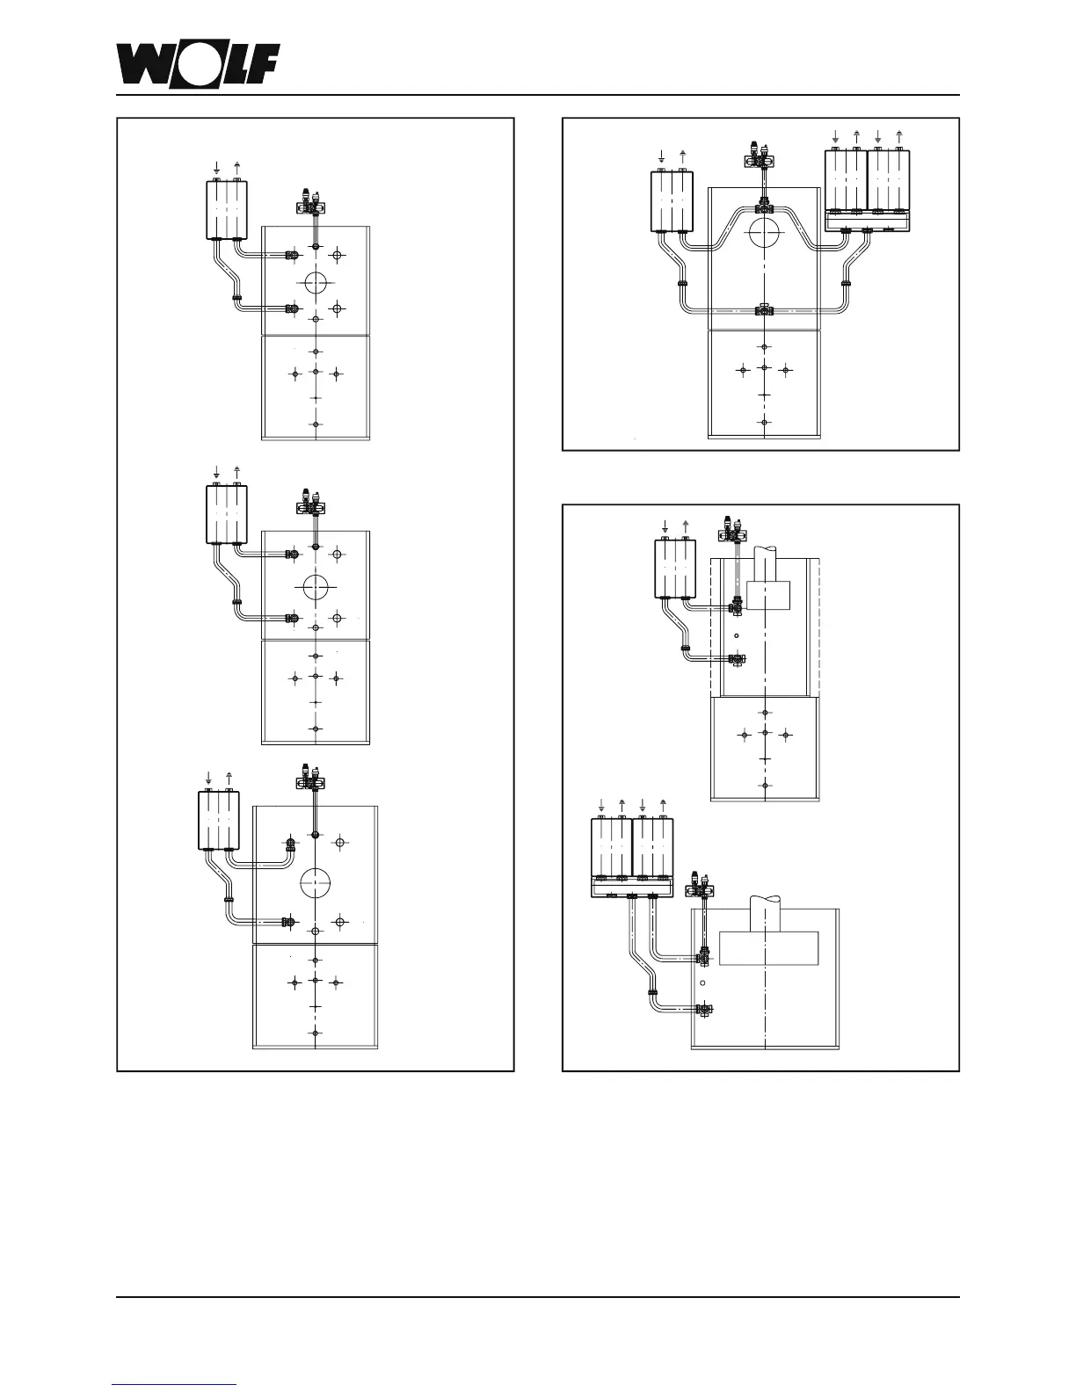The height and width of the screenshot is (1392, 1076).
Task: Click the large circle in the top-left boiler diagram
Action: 316,283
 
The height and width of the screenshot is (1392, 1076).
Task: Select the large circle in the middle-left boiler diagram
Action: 316,586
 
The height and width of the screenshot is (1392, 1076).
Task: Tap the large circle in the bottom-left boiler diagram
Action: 315,882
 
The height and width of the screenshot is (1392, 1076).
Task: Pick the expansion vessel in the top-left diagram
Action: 227,209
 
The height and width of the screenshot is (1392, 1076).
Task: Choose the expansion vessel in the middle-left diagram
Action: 227,513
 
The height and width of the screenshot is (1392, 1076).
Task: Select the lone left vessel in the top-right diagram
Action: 672,201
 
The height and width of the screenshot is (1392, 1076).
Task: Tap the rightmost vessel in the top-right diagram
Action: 889,181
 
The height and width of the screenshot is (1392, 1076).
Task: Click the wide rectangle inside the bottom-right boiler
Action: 768,947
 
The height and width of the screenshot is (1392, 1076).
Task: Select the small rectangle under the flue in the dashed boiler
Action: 767,594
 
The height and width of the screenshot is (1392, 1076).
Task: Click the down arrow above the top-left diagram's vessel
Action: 217,167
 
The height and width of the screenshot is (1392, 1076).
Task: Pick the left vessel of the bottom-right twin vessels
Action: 611,849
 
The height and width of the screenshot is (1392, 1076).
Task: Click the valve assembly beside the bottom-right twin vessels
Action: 700,887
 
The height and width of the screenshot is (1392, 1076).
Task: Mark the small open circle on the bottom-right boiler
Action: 702,982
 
